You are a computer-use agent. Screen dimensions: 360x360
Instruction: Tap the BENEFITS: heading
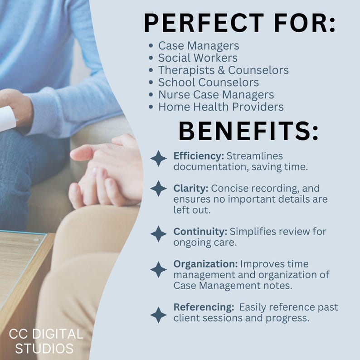(x=248, y=131)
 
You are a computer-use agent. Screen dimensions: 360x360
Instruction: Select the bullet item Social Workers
(x=198, y=58)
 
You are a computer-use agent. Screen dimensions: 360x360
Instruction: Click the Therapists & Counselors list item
(x=223, y=70)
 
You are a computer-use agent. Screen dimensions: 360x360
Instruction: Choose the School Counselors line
(x=209, y=83)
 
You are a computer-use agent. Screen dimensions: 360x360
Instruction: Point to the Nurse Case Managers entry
(x=216, y=95)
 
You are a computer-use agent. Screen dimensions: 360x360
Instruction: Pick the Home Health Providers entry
(x=221, y=107)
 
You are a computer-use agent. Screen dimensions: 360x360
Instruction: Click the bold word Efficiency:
(x=199, y=156)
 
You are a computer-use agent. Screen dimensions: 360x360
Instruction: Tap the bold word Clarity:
(x=191, y=188)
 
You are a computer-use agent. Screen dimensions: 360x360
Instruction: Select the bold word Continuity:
(x=200, y=231)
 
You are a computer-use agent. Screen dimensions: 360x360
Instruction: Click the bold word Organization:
(x=205, y=263)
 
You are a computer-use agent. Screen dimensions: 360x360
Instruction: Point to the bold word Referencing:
(x=203, y=307)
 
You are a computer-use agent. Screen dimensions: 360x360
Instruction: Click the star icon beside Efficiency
(x=158, y=158)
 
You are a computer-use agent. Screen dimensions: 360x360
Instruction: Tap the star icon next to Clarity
(x=158, y=188)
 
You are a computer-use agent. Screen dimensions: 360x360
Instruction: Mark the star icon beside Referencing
(x=158, y=315)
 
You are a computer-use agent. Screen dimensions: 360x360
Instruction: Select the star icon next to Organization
(x=158, y=269)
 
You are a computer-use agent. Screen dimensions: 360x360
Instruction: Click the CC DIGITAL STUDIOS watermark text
(x=46, y=341)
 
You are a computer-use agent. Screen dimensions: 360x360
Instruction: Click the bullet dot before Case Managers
(x=151, y=46)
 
